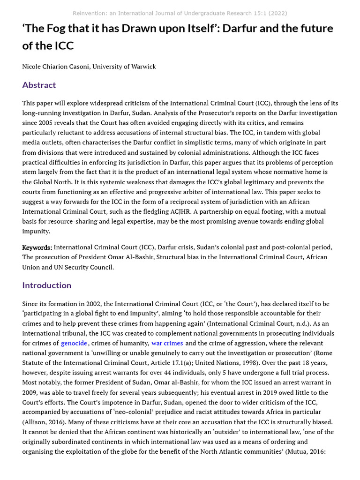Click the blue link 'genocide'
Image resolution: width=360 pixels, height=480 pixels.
point(74,343)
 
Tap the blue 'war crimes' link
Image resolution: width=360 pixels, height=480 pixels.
point(167,343)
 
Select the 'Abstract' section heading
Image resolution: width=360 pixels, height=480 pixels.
point(39,85)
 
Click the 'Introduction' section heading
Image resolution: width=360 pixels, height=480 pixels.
point(47,285)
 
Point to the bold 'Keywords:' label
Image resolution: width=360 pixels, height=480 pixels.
point(37,247)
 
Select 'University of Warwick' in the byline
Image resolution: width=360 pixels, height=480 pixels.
point(124,67)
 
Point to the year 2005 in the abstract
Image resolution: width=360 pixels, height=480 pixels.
point(49,123)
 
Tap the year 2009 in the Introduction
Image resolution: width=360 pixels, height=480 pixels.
point(30,392)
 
